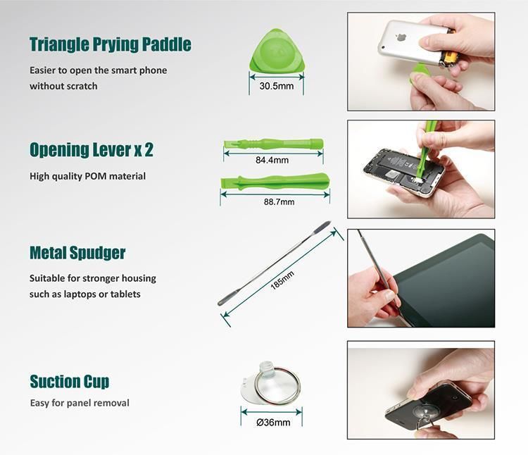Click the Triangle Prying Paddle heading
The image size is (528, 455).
[110, 44]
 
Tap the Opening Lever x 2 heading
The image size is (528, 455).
[92, 150]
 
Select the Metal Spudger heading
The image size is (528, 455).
[77, 253]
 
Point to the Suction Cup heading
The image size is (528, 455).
[70, 382]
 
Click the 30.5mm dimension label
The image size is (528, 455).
[277, 86]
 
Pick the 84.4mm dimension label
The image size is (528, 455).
[272, 160]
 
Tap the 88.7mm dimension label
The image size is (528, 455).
[279, 201]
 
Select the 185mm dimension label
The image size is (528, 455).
[282, 280]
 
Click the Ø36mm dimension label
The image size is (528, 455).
[273, 423]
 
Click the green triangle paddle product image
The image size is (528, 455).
[277, 51]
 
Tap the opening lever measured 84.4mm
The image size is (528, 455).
[273, 144]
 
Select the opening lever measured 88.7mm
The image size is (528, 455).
[275, 182]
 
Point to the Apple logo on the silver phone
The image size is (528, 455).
[402, 37]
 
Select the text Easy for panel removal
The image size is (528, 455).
[80, 403]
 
